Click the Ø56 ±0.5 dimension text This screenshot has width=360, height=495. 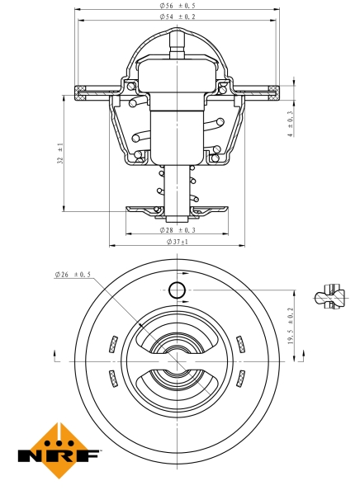pyautogui.click(x=179, y=7)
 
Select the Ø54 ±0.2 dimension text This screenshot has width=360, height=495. pyautogui.click(x=179, y=17)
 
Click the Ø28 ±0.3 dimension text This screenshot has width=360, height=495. pyautogui.click(x=179, y=230)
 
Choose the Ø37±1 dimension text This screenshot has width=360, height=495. pyautogui.click(x=178, y=242)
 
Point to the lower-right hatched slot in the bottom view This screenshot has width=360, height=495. pyautogui.click(x=240, y=379)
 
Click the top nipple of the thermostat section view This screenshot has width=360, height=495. pyautogui.click(x=178, y=41)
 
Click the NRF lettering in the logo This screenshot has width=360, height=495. pyautogui.click(x=59, y=455)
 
